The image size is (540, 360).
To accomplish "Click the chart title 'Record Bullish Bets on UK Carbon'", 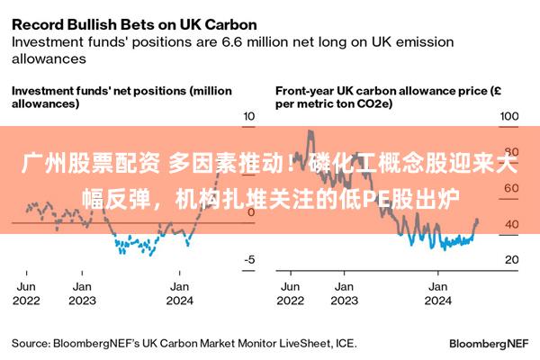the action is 134,25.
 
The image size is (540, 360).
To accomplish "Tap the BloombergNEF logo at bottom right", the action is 489,344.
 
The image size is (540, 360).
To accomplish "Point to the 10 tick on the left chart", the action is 248,116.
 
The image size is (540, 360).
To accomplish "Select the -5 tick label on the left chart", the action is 249,259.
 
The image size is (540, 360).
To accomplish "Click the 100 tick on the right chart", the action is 509,116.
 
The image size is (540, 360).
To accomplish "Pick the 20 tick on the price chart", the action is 512,259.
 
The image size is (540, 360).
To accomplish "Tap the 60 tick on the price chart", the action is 511,188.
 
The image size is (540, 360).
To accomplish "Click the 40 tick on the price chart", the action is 512,224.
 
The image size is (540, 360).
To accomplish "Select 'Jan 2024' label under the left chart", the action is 179,293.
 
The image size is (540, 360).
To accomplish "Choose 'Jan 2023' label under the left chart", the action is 82,293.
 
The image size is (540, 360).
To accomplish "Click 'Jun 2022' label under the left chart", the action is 26,293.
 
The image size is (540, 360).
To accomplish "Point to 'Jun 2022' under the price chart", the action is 291,293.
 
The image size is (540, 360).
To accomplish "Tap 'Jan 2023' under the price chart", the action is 345,293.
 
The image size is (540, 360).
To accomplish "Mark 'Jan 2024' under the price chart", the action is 437,293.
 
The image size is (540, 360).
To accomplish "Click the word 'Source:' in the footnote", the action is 31,344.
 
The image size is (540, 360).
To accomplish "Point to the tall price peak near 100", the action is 310,131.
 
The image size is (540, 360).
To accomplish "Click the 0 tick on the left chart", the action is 251,212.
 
